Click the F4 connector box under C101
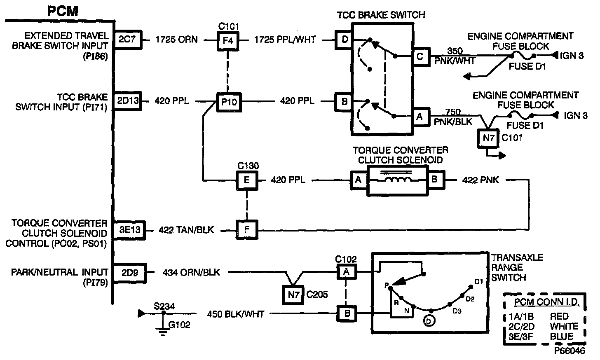pyautogui.click(x=228, y=40)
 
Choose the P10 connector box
pyautogui.click(x=229, y=101)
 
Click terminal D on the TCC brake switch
pyautogui.click(x=345, y=40)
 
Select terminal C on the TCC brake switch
pyautogui.click(x=420, y=56)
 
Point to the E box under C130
pyautogui.click(x=246, y=180)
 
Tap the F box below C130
pyautogui.click(x=246, y=229)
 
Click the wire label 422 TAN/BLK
pyautogui.click(x=186, y=230)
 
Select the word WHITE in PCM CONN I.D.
pyautogui.click(x=564, y=326)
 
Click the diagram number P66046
pyautogui.click(x=569, y=351)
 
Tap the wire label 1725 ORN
pyautogui.click(x=176, y=40)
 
